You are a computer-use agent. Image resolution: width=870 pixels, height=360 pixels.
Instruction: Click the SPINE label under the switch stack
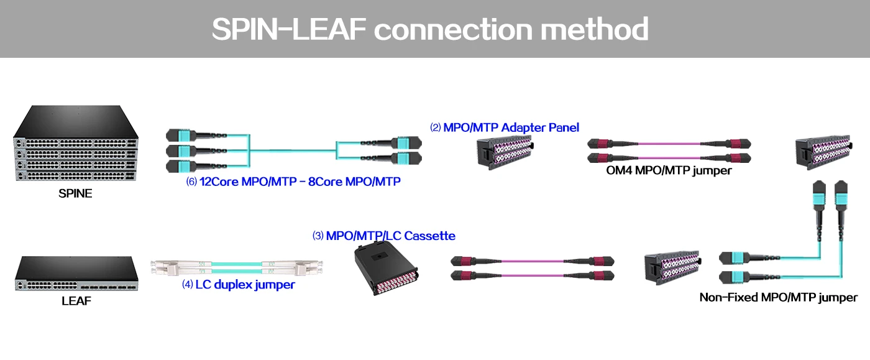tap(75, 193)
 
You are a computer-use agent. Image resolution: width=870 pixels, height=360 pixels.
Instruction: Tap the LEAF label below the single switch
tap(75, 301)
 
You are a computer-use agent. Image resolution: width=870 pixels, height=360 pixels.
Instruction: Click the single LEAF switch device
tap(76, 274)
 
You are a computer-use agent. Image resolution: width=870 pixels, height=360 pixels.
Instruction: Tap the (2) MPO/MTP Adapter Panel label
tap(505, 127)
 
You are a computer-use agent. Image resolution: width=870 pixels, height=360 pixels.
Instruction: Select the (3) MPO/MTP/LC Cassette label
tap(384, 236)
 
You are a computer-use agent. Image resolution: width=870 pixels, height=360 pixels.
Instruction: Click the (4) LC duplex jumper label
tap(239, 285)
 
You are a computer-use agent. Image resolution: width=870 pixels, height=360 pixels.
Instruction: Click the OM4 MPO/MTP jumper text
tap(669, 170)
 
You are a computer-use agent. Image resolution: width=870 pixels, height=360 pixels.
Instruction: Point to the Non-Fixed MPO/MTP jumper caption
tap(779, 297)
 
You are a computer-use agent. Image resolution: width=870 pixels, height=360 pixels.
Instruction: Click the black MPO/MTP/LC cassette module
tap(385, 269)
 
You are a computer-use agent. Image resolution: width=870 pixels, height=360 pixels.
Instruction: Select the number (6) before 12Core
tap(191, 182)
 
